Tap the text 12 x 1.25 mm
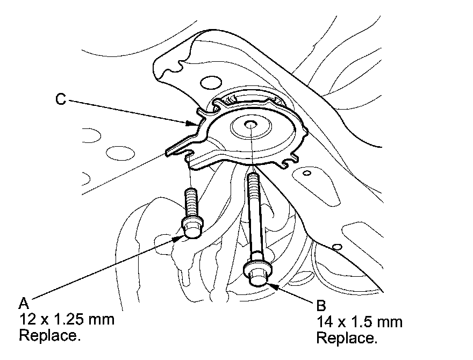coord(67,320)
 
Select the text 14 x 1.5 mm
coord(360,322)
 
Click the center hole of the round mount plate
coord(250,125)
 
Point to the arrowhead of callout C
coord(197,124)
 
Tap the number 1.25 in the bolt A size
coord(76,320)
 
